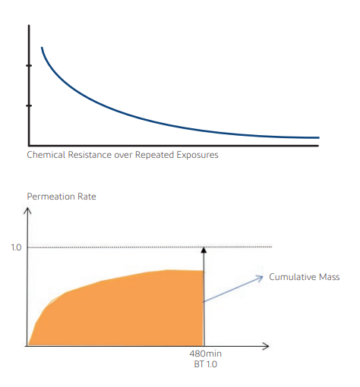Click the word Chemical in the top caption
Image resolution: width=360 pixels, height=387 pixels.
[x=46, y=155]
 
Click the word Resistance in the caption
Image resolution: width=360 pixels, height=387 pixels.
[x=90, y=155]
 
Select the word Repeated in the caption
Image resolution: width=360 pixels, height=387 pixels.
[x=154, y=155]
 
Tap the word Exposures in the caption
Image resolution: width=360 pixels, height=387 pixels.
[x=197, y=155]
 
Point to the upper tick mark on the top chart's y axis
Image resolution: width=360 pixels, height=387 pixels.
[x=29, y=65]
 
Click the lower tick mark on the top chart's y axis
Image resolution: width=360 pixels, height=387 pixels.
[x=29, y=105]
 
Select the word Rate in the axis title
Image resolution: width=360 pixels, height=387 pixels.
[x=87, y=197]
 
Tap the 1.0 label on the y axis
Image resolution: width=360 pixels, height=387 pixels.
[x=16, y=247]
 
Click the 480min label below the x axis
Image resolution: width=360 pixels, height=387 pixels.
[x=205, y=354]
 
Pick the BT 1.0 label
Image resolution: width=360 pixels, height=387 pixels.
[x=205, y=364]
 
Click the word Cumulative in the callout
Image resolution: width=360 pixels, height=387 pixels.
[x=292, y=277]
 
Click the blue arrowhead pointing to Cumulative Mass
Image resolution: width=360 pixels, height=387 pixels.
[x=261, y=278]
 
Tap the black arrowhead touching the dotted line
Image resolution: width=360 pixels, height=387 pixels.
[x=204, y=250]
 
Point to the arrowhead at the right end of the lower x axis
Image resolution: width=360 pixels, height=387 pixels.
[x=266, y=346]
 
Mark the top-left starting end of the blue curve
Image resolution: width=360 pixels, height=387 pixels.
[x=42, y=47]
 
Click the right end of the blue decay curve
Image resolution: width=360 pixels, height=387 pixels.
[x=319, y=137]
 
